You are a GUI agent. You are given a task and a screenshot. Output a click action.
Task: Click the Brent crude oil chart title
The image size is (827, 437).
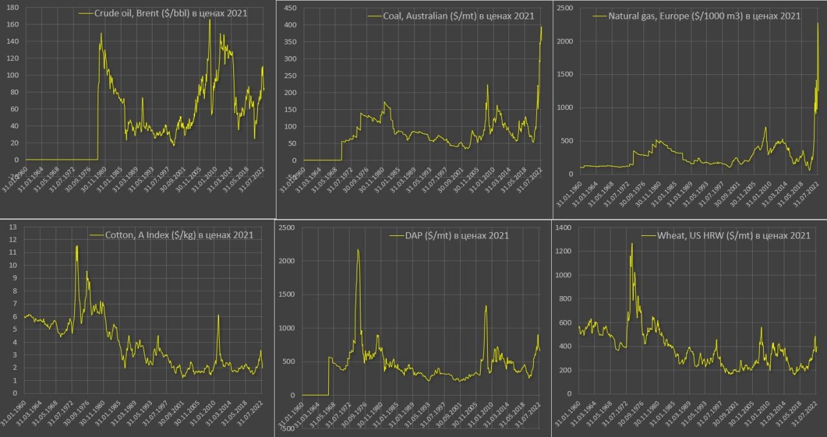point(171,13)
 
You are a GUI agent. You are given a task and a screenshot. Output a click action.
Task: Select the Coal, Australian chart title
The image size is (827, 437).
point(450,16)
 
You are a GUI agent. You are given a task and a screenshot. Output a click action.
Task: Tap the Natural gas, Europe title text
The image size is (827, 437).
point(704,16)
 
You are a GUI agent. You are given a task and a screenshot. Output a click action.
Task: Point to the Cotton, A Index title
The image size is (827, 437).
point(179,235)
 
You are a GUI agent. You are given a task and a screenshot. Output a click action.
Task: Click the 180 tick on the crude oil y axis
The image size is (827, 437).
point(12,8)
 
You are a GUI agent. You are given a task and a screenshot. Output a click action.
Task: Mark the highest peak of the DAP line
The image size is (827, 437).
point(358,250)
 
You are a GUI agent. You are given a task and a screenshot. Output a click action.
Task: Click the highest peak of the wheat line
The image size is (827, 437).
point(631,244)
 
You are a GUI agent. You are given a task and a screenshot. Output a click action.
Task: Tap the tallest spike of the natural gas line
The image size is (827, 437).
point(818,24)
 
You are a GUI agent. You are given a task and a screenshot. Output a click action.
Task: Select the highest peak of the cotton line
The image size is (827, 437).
point(77,246)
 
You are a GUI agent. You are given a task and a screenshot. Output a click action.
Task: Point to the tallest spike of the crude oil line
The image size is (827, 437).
point(209,20)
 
